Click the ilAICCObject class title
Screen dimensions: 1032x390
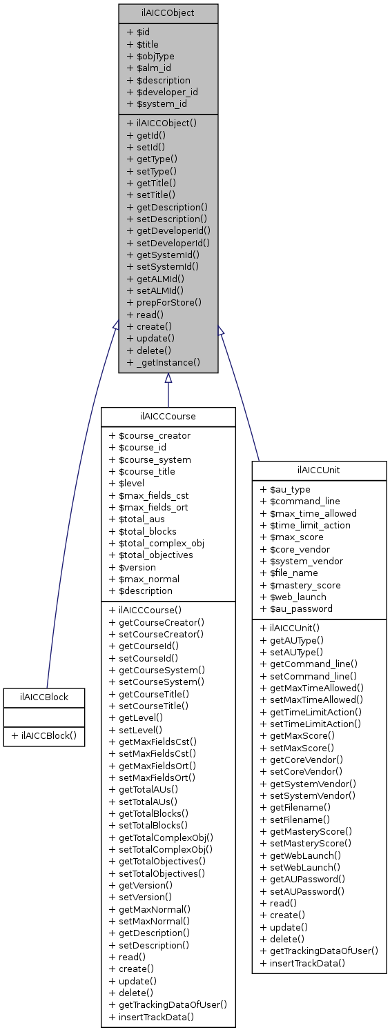point(168,13)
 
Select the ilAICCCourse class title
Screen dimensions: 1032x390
point(168,417)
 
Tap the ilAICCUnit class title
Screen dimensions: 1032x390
point(318,470)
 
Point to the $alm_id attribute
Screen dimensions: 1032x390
point(149,68)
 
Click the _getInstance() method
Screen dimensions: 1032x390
point(164,362)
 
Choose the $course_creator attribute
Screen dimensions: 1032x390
point(150,435)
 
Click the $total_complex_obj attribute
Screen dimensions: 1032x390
point(157,543)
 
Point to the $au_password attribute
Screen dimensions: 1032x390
point(296,609)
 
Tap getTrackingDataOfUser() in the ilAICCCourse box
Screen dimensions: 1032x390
point(168,1005)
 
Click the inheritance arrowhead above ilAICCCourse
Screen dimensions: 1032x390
point(168,378)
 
